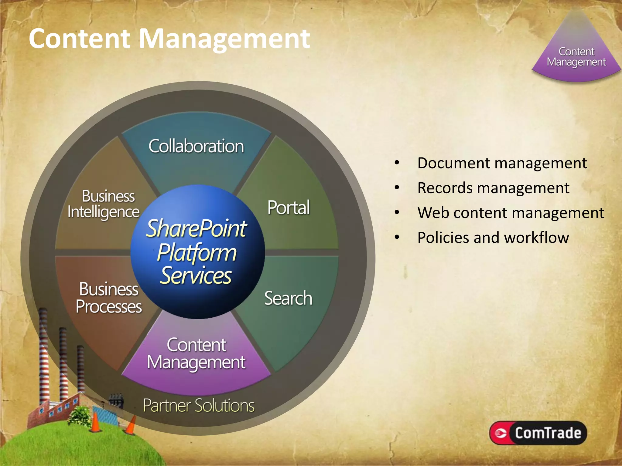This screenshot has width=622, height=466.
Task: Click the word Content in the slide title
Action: [80, 39]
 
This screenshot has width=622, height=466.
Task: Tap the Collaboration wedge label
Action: [196, 146]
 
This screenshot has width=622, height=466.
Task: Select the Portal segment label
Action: [289, 208]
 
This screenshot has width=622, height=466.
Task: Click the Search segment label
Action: [288, 298]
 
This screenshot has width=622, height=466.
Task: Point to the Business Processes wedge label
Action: [109, 298]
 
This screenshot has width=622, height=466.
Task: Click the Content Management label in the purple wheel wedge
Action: [196, 354]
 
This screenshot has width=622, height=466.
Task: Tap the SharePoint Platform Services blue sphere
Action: [197, 252]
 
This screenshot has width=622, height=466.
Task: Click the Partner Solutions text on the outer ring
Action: [199, 406]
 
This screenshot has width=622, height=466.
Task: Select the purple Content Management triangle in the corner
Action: [576, 55]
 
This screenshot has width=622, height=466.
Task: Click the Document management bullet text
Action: [502, 163]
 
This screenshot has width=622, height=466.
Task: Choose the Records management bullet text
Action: [493, 188]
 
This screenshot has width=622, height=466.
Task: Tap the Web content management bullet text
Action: [511, 213]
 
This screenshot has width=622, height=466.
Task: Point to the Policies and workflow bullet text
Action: [493, 238]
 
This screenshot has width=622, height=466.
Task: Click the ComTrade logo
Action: [538, 433]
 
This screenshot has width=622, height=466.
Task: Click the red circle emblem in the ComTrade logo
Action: [501, 433]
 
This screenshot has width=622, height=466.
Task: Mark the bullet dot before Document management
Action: [397, 163]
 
